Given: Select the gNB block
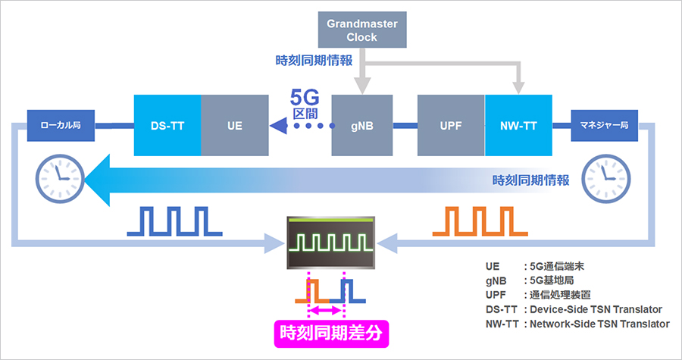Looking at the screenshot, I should pos(363,125).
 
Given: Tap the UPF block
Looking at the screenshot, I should pos(451,125).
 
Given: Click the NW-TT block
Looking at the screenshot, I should pos(520,125).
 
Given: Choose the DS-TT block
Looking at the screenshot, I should pos(167,125).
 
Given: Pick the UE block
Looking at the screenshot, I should pos(235,125).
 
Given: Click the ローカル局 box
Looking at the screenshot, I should pos(61,125).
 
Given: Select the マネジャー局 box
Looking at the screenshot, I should pos(604,125).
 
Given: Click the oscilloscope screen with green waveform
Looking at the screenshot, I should pos(330,243).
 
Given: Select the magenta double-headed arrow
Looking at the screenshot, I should pos(326,310).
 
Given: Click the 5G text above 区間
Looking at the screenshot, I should pos(308,98).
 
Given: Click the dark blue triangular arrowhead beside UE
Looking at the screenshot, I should pos(280,126).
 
